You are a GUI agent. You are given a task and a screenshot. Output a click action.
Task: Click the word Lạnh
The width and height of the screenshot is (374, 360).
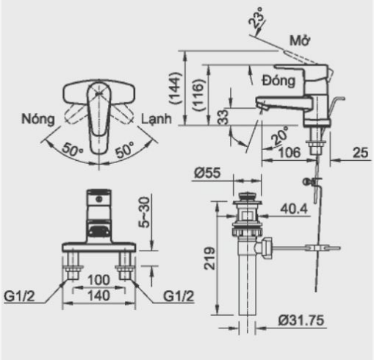click(156, 119)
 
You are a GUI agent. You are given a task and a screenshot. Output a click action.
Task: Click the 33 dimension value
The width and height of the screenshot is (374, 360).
click(221, 117)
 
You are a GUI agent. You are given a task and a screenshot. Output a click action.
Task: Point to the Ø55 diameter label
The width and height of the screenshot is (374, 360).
click(209, 173)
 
